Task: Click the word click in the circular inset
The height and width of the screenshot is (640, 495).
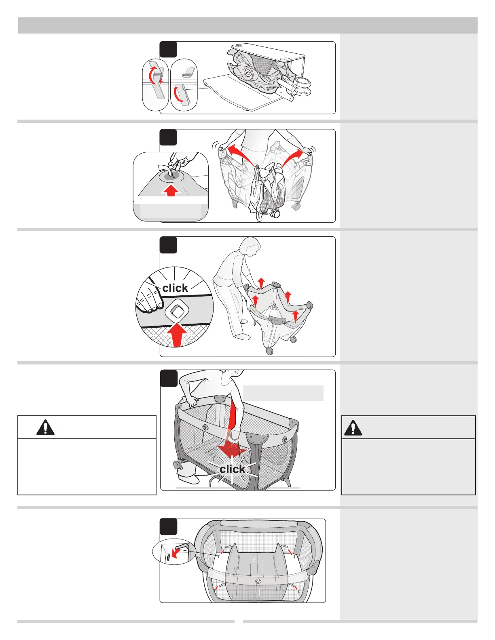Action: tap(175, 288)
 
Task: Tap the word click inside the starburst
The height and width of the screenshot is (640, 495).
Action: tap(232, 469)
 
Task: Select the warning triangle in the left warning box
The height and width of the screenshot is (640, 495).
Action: tap(45, 427)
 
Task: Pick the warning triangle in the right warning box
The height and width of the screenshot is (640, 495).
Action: tap(353, 427)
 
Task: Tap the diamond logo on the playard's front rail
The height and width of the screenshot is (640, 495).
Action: tap(258, 581)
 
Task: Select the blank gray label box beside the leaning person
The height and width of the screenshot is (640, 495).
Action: tap(283, 393)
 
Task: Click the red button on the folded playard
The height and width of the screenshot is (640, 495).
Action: tap(247, 73)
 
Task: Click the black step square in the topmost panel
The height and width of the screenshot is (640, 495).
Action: tap(168, 50)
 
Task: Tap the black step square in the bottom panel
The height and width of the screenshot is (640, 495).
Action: tap(168, 527)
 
